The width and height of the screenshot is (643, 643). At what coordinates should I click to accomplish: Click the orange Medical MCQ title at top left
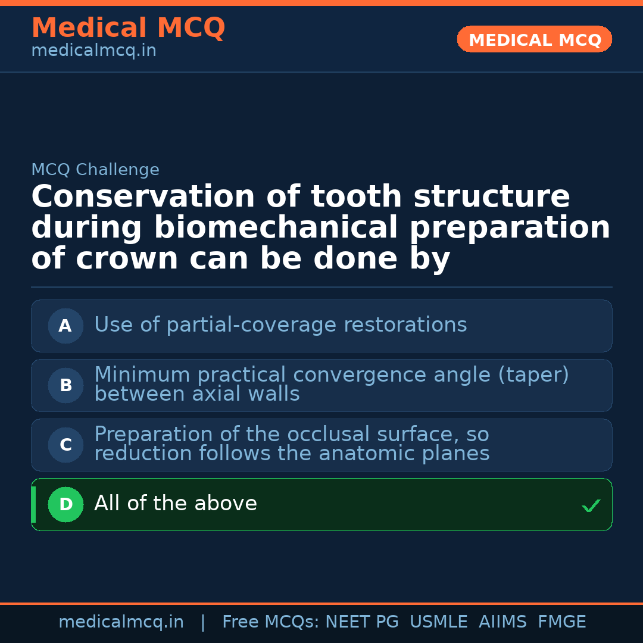pos(128,28)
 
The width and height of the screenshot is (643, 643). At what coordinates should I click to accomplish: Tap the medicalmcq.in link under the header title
pos(93,51)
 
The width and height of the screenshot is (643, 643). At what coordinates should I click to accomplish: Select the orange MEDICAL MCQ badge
pos(535,39)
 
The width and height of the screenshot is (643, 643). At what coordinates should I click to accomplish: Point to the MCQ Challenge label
pos(95,170)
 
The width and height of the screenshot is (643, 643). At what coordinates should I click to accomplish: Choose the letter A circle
pos(65,326)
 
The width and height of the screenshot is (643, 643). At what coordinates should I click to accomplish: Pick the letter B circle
pos(65,385)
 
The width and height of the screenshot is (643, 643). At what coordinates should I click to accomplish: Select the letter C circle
pos(65,445)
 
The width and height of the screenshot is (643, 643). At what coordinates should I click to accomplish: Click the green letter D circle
pos(65,504)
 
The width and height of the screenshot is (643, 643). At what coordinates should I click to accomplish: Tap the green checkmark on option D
pos(591,505)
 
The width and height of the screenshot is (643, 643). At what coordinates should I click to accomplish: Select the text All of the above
pos(176,504)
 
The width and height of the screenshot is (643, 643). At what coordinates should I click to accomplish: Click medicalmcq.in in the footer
pos(121,622)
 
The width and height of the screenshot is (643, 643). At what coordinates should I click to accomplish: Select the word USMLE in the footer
pos(438,622)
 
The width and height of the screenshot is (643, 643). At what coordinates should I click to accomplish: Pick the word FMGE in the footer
pos(561,622)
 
